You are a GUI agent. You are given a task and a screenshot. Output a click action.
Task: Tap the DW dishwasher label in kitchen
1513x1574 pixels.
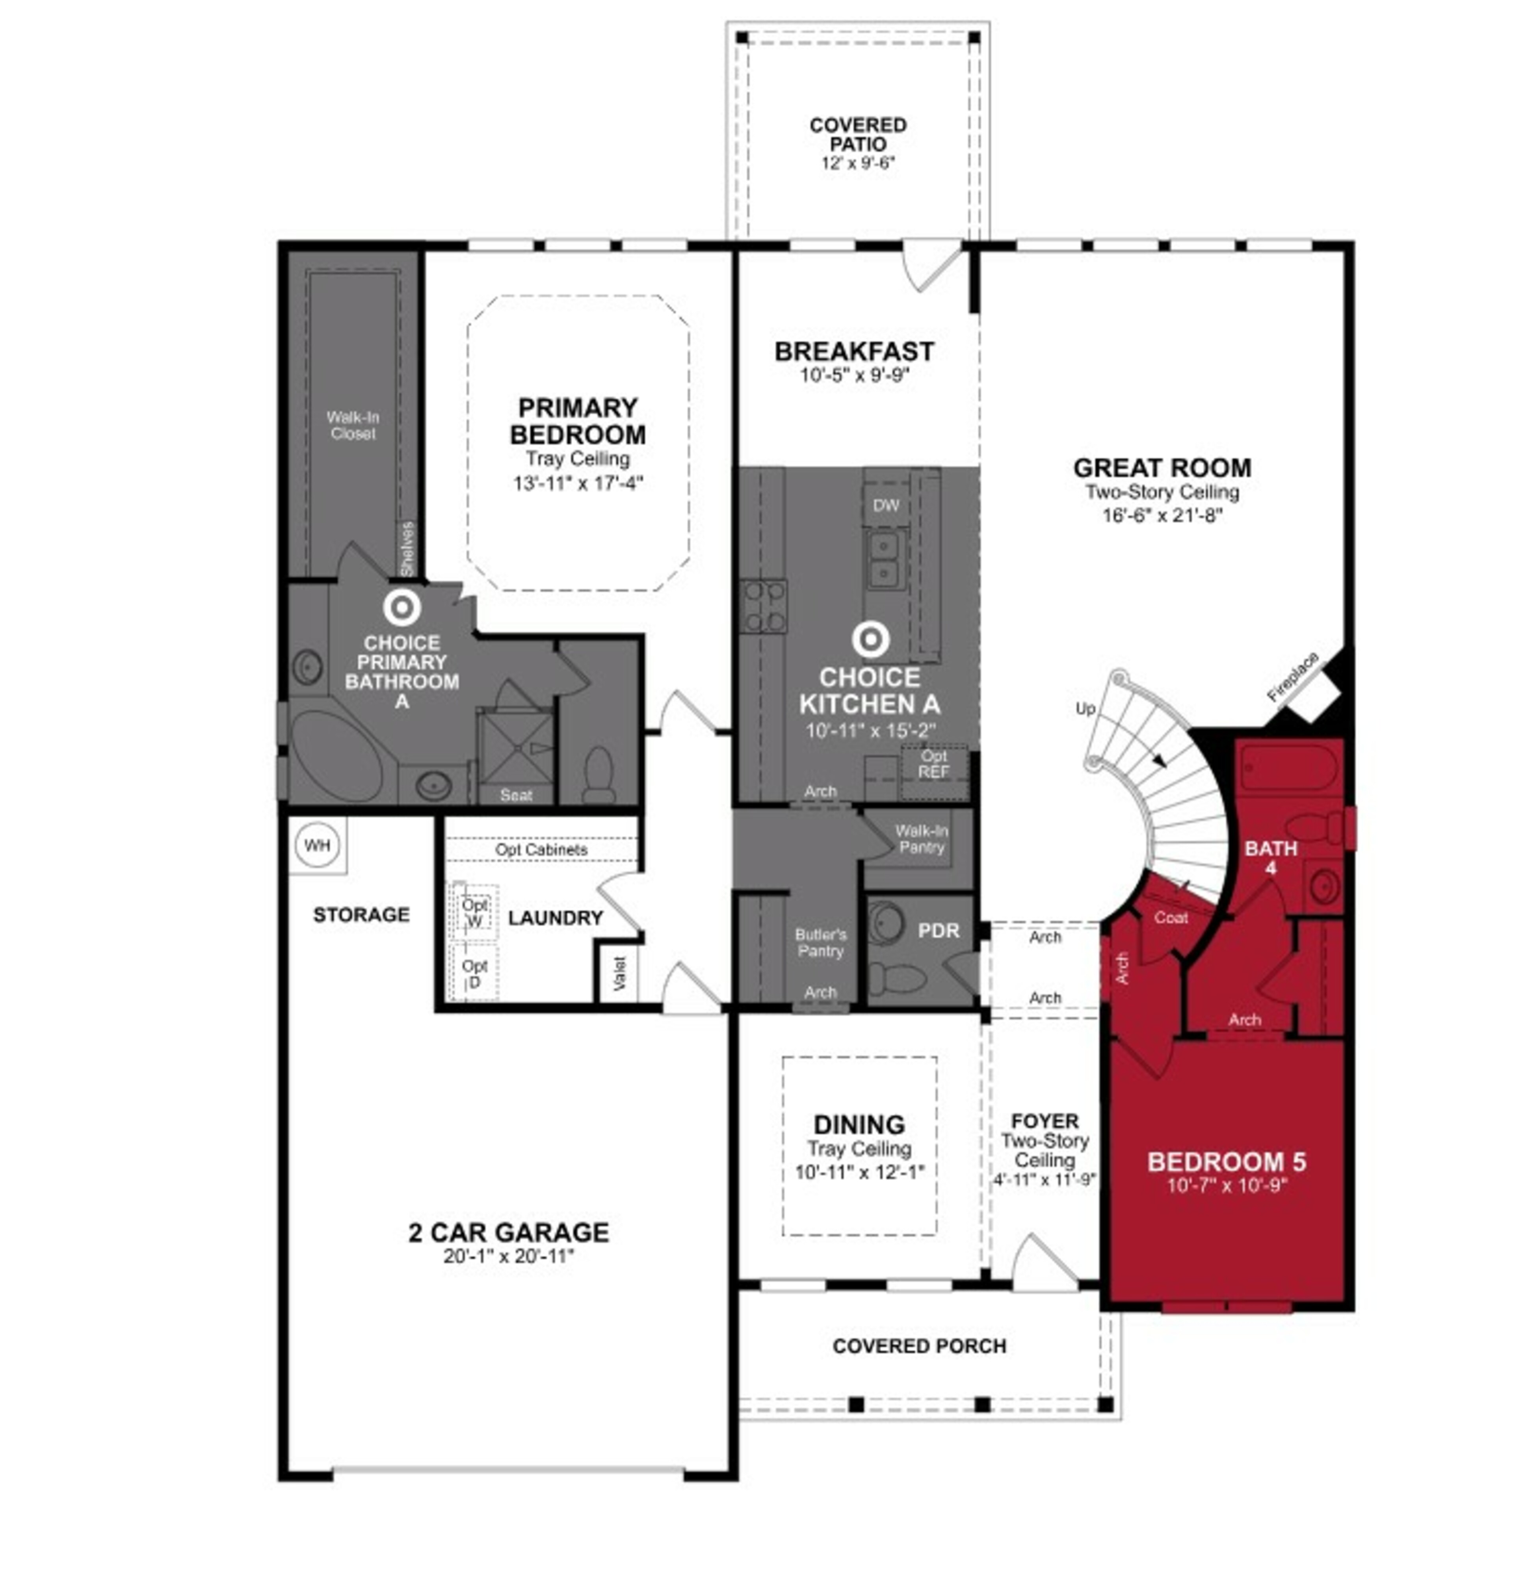coord(886,505)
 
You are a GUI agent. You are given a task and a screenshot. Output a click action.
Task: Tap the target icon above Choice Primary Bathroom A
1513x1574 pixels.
coord(401,608)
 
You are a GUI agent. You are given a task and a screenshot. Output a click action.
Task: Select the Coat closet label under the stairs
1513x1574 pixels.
coord(1170,917)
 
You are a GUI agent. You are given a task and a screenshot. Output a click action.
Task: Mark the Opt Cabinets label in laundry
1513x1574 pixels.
coord(541,849)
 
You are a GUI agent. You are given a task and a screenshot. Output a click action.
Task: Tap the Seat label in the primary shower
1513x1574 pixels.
coord(516,795)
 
